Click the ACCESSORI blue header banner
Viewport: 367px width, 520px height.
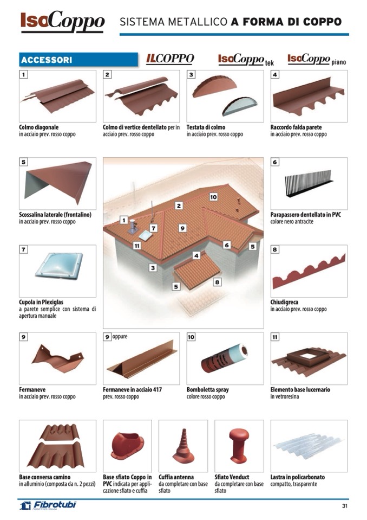pyautogui.click(x=78, y=60)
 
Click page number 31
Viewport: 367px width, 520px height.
pyautogui.click(x=344, y=506)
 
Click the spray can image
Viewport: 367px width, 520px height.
pyautogui.click(x=224, y=358)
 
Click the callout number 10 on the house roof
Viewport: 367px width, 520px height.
pyautogui.click(x=213, y=197)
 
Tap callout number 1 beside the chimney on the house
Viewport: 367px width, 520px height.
pyautogui.click(x=124, y=220)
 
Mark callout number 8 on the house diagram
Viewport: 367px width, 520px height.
pyautogui.click(x=217, y=282)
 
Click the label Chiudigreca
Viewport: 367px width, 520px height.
pyautogui.click(x=284, y=302)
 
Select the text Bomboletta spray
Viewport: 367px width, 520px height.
pyautogui.click(x=207, y=389)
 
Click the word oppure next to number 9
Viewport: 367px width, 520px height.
pyautogui.click(x=121, y=336)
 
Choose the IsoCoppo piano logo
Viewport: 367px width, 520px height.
pyautogui.click(x=316, y=59)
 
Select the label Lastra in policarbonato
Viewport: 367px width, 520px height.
pyautogui.click(x=297, y=477)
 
